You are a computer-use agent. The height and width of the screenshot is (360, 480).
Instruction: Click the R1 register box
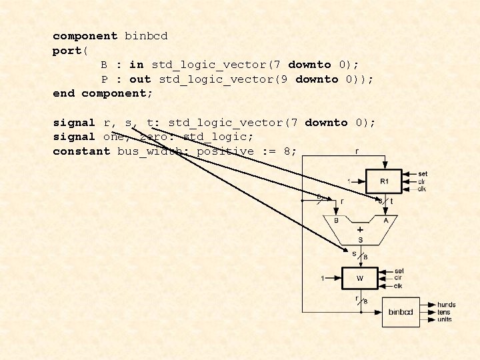coord(385,181)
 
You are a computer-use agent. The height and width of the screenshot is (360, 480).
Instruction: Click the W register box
coord(360,278)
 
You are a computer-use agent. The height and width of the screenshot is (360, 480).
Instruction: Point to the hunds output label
coord(447,305)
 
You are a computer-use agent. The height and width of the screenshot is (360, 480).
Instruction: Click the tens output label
coord(445,312)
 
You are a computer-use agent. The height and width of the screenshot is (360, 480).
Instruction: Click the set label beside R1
coord(423,174)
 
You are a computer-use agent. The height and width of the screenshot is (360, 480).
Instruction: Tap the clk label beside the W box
coord(398,286)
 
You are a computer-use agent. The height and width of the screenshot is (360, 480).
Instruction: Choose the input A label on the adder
coord(385,219)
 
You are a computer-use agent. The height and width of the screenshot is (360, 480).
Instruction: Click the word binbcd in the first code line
coord(146,36)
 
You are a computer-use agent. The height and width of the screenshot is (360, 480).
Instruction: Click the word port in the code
coord(65,51)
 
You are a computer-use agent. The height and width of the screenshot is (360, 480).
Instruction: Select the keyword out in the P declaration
coord(140,79)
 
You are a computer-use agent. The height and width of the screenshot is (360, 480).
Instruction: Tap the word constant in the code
coord(81,151)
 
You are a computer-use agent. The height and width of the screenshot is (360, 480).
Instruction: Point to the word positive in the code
coord(225,151)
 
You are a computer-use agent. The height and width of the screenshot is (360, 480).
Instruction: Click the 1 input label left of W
coord(323,278)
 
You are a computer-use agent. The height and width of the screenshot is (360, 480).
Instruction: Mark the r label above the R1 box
coord(357,151)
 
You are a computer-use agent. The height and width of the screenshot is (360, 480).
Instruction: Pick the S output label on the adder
coord(360,239)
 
